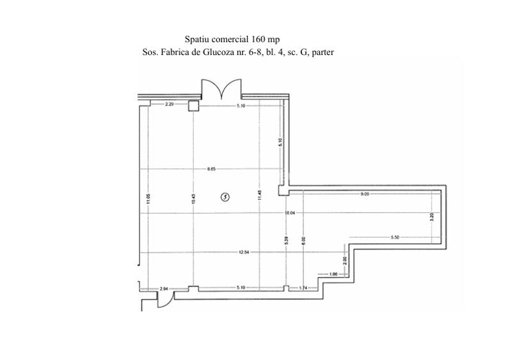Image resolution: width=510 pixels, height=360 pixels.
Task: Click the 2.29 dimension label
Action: [x=170, y=104]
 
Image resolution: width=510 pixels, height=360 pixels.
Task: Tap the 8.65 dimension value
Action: [x=211, y=169]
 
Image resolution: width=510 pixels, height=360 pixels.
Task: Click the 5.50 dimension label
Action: [x=394, y=237]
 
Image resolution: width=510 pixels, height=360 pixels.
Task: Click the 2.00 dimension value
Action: [x=344, y=260]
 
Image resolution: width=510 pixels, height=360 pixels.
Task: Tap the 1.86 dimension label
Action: [x=333, y=274]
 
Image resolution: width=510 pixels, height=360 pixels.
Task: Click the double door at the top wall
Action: [x=221, y=88]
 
